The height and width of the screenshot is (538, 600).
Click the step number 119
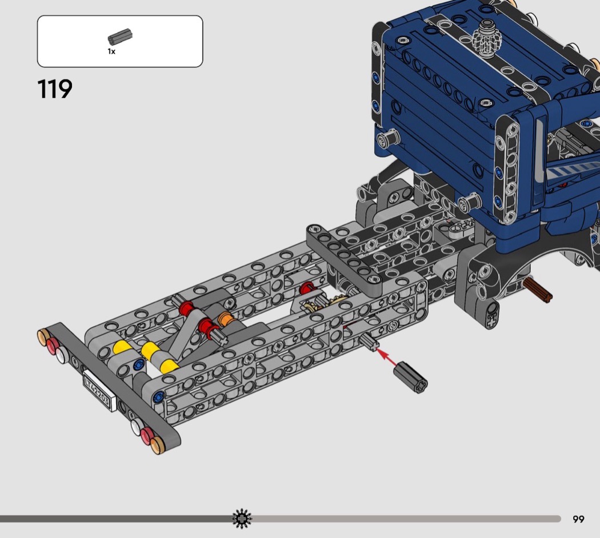coord(55,89)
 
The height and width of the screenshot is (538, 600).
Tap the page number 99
coord(578,519)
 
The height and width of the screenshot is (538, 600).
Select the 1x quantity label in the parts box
coord(111,51)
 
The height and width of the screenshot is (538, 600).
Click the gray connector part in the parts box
coord(120,38)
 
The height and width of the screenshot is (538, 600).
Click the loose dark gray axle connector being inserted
coord(411,378)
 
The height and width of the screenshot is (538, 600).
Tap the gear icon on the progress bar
coord(242,519)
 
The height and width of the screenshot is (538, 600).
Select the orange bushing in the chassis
coord(225,319)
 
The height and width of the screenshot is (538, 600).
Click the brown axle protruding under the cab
coord(537,290)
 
